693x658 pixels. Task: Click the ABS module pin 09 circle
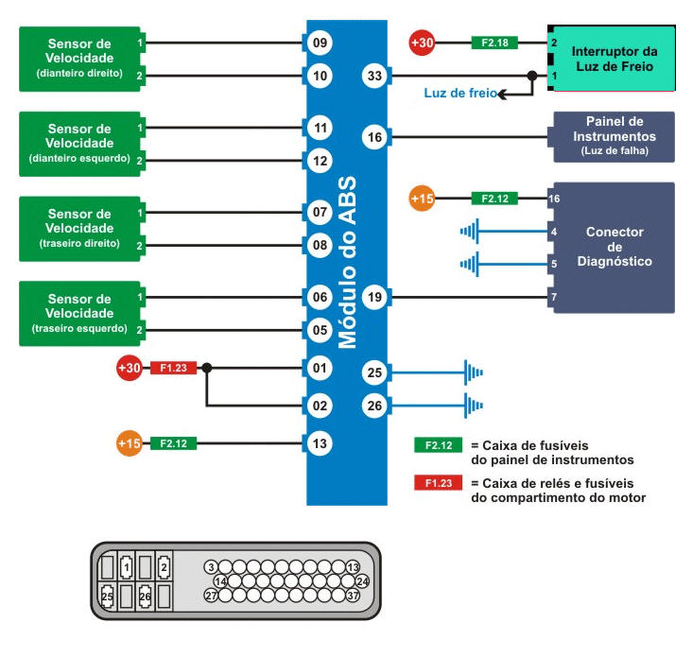point(320,43)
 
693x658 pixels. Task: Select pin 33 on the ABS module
point(374,76)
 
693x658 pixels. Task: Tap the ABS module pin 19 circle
point(374,298)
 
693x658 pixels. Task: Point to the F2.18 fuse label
point(493,43)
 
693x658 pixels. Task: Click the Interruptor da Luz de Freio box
point(613,59)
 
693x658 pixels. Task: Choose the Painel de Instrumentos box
point(614,136)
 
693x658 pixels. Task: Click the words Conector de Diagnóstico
point(615,246)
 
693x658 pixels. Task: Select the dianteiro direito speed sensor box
point(78,59)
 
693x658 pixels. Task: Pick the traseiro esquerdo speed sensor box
point(78,313)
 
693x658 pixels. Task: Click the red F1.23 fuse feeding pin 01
point(173,368)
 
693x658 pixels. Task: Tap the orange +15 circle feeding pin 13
point(129,442)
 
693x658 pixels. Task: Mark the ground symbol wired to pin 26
point(473,407)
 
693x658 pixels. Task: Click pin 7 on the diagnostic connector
point(554,298)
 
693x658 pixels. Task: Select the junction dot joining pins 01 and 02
point(207,368)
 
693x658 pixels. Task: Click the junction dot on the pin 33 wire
point(532,76)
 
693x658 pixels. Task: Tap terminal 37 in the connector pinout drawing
point(354,596)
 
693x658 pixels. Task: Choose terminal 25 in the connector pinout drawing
point(108,597)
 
